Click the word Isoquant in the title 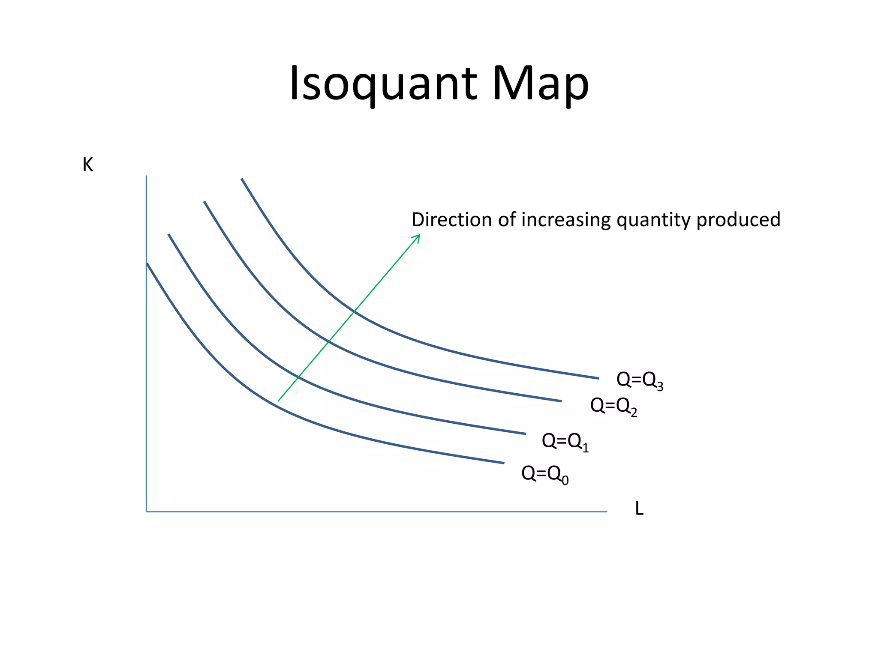(383, 84)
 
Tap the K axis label (87, 165)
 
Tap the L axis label (639, 509)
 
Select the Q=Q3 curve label (640, 380)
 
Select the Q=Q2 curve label (613, 406)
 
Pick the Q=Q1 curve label (565, 441)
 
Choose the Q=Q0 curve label (544, 474)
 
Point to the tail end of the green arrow (279, 400)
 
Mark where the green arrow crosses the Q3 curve (355, 311)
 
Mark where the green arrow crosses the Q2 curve (328, 341)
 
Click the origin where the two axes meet (147, 511)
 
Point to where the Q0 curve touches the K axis (147, 264)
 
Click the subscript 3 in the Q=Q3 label (660, 387)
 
